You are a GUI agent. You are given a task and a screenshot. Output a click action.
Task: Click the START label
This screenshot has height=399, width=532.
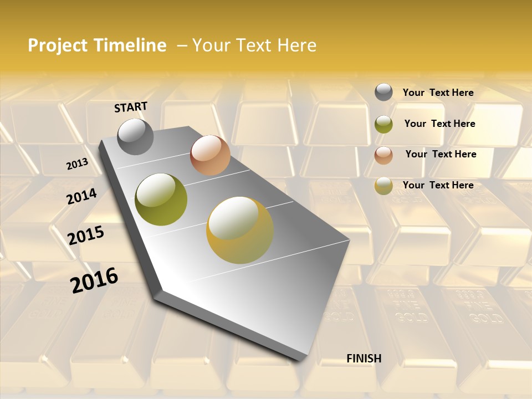pyautogui.click(x=131, y=107)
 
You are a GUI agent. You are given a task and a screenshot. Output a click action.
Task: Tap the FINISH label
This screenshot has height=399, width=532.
pyautogui.click(x=364, y=359)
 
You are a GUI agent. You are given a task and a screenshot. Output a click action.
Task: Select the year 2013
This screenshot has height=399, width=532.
pyautogui.click(x=77, y=164)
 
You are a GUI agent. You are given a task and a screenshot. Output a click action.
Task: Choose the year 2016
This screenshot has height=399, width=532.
pyautogui.click(x=94, y=280)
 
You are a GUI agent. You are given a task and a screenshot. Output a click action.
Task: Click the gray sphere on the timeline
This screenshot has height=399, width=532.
pyautogui.click(x=136, y=136)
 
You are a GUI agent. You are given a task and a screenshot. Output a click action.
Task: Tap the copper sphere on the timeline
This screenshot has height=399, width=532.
pyautogui.click(x=210, y=155)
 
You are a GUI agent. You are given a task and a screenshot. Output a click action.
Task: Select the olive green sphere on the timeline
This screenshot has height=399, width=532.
pyautogui.click(x=161, y=199)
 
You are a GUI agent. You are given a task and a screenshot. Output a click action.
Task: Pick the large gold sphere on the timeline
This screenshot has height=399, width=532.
pyautogui.click(x=240, y=230)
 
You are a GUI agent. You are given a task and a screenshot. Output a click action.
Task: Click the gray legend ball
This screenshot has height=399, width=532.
pyautogui.click(x=383, y=93)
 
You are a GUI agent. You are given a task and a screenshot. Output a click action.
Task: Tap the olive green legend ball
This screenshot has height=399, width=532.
pyautogui.click(x=383, y=124)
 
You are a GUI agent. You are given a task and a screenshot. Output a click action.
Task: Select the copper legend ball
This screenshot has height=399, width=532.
pyautogui.click(x=383, y=155)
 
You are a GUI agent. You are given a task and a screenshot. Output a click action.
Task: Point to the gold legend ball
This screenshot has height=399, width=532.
pyautogui.click(x=383, y=186)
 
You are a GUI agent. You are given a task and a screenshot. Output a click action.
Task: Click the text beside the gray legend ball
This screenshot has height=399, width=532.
pyautogui.click(x=438, y=93)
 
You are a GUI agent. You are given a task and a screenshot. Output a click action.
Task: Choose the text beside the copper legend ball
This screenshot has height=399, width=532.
pyautogui.click(x=441, y=154)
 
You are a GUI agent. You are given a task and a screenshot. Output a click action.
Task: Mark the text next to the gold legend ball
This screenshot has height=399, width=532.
pyautogui.click(x=438, y=185)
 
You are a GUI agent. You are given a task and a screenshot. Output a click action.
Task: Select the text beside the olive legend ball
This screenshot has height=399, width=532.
pyautogui.click(x=440, y=124)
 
